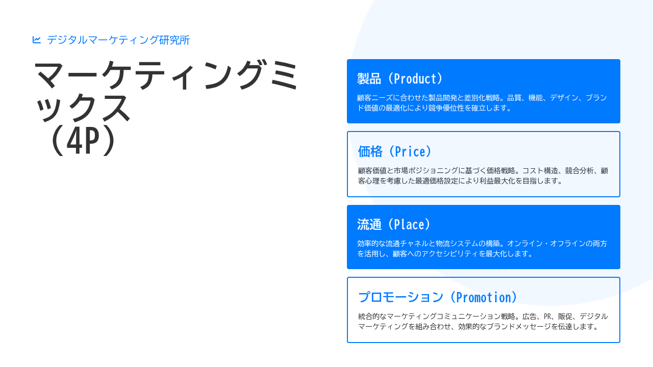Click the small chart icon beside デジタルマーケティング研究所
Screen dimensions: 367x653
(37, 40)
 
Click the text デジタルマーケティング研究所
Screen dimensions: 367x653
(118, 40)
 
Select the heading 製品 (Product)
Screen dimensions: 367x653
(401, 78)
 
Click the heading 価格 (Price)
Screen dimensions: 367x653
(396, 151)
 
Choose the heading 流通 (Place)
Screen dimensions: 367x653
(395, 224)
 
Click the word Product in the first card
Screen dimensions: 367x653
(415, 78)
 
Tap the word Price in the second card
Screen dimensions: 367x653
(410, 151)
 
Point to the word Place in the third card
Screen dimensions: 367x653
(409, 224)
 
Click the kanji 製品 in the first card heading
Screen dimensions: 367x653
(369, 78)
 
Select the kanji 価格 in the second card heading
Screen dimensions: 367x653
(370, 151)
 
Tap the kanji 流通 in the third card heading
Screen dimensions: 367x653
(369, 224)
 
